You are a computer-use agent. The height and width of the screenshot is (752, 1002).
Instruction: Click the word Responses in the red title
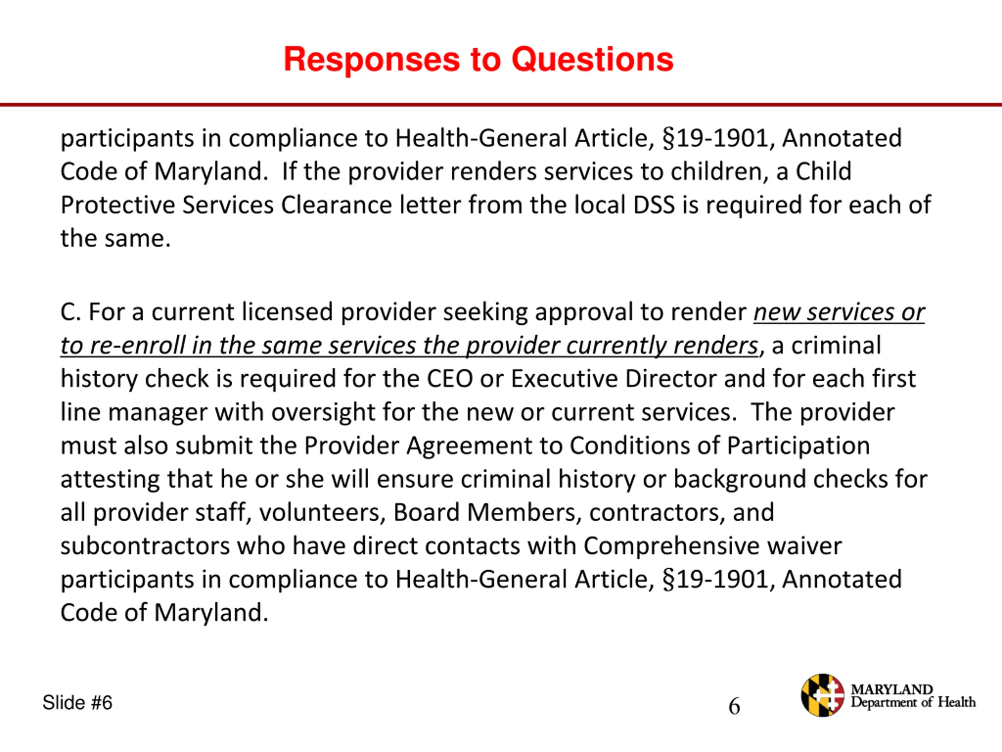pos(371,60)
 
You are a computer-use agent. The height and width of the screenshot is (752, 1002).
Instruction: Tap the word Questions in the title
pos(593,60)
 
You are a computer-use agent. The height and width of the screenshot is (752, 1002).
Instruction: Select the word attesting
pos(110,479)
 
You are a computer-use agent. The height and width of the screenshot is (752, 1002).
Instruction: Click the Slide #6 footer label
pos(77,703)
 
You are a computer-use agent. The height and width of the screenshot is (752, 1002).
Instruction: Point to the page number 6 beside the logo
pos(734,706)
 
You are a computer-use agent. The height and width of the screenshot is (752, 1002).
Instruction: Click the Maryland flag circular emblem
pos(822,695)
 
